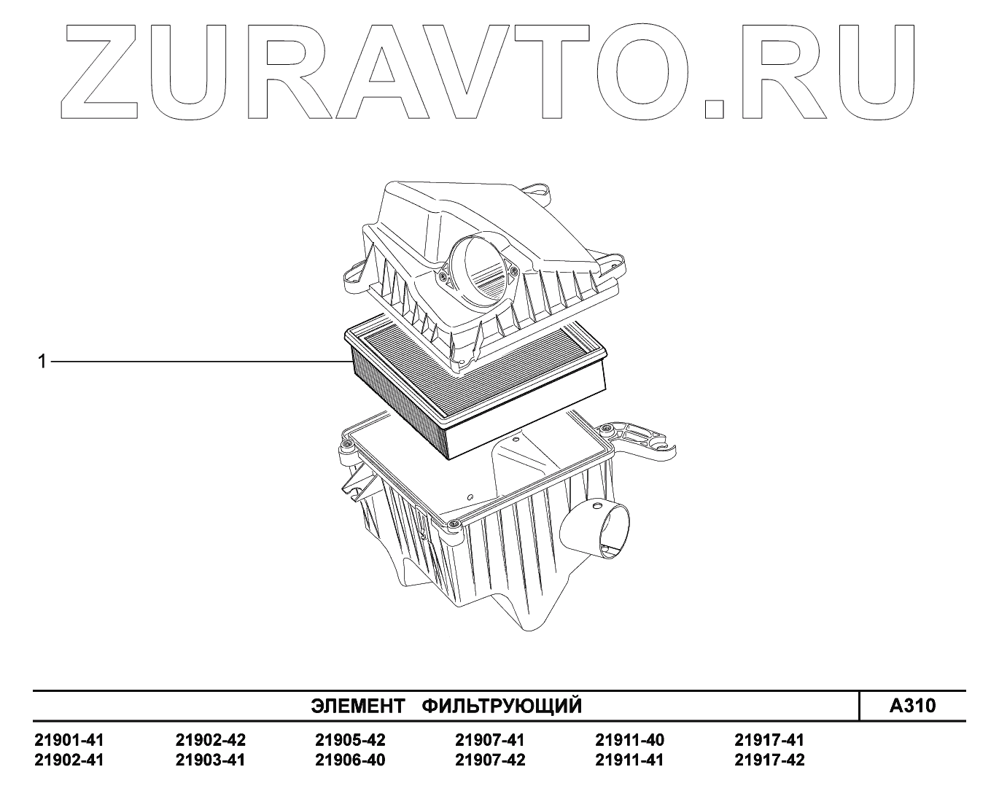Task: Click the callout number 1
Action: pos(42,361)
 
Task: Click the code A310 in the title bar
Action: pos(912,706)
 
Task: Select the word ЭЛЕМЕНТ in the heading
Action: pos(358,706)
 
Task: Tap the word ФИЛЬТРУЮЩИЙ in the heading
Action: pos(502,706)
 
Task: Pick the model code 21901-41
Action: pos(69,741)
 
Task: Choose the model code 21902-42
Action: pos(211,741)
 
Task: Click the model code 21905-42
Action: pos(350,741)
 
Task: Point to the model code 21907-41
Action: pos(489,741)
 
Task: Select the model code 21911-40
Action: pos(630,741)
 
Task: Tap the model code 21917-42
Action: pos(769,760)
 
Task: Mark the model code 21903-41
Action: pos(211,760)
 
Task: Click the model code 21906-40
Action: pos(350,760)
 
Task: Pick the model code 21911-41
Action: pos(630,760)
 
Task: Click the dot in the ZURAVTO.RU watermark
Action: pos(714,108)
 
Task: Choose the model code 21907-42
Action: pos(489,760)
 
